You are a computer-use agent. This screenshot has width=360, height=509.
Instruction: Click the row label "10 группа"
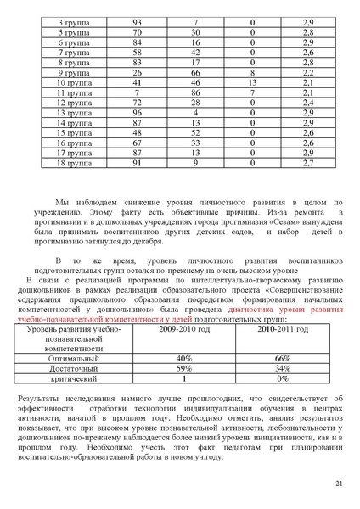click(x=72, y=83)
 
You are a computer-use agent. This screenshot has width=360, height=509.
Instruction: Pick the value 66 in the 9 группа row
click(x=195, y=74)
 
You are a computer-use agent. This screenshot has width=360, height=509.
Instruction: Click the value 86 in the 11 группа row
click(x=195, y=93)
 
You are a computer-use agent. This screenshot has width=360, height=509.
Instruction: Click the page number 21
click(x=339, y=483)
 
